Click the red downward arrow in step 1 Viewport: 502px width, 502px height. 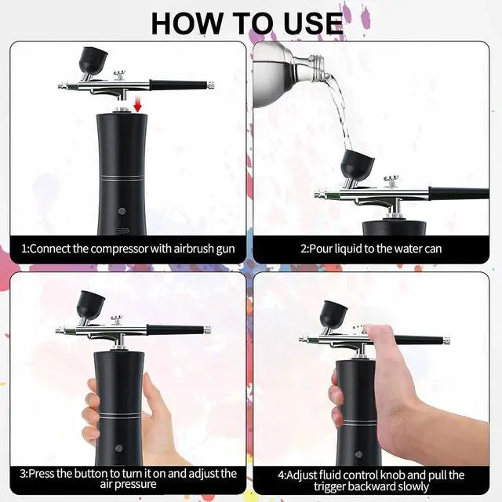point(138,104)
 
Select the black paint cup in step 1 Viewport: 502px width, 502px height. point(93,60)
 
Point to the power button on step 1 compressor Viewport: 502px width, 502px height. point(121,211)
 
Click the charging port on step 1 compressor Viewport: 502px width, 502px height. point(121,232)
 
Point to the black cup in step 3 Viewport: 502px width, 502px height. point(92,304)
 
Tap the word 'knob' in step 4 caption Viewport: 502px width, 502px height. point(395,474)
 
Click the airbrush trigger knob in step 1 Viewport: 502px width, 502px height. point(120,76)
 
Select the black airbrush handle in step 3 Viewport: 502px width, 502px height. point(176,330)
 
